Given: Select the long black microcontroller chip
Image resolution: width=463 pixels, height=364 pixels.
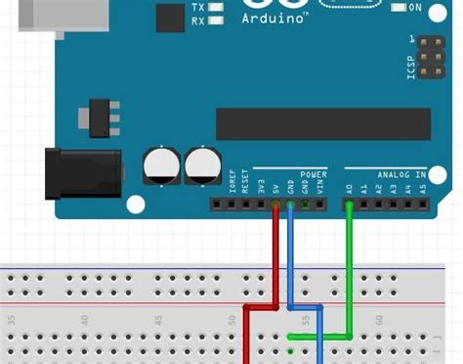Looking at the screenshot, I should pos(323,124).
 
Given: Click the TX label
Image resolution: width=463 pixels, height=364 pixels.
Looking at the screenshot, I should pos(198,6).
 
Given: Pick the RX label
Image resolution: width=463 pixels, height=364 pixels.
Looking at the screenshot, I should pos(198,20).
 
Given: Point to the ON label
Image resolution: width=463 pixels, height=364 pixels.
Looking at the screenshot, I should pos(414,7).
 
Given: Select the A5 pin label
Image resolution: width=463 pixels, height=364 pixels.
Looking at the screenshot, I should pos(422,190).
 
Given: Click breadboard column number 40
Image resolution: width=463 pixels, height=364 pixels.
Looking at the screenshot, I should pos(85,319).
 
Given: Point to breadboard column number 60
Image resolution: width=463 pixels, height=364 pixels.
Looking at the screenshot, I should pos(378,319).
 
